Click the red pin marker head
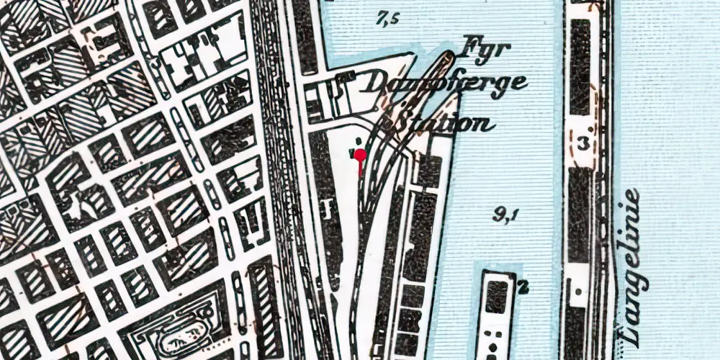361,154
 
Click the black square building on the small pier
497,295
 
